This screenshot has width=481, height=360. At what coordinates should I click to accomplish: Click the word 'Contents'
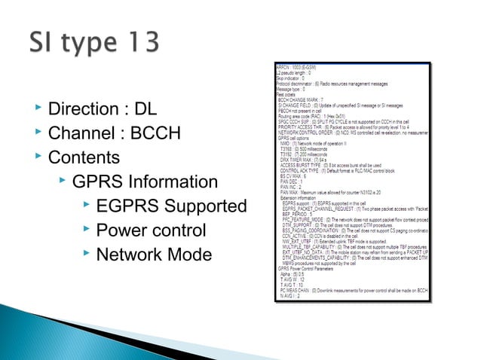coord(84,158)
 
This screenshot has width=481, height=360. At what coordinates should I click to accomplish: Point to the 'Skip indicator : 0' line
coord(291,78)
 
